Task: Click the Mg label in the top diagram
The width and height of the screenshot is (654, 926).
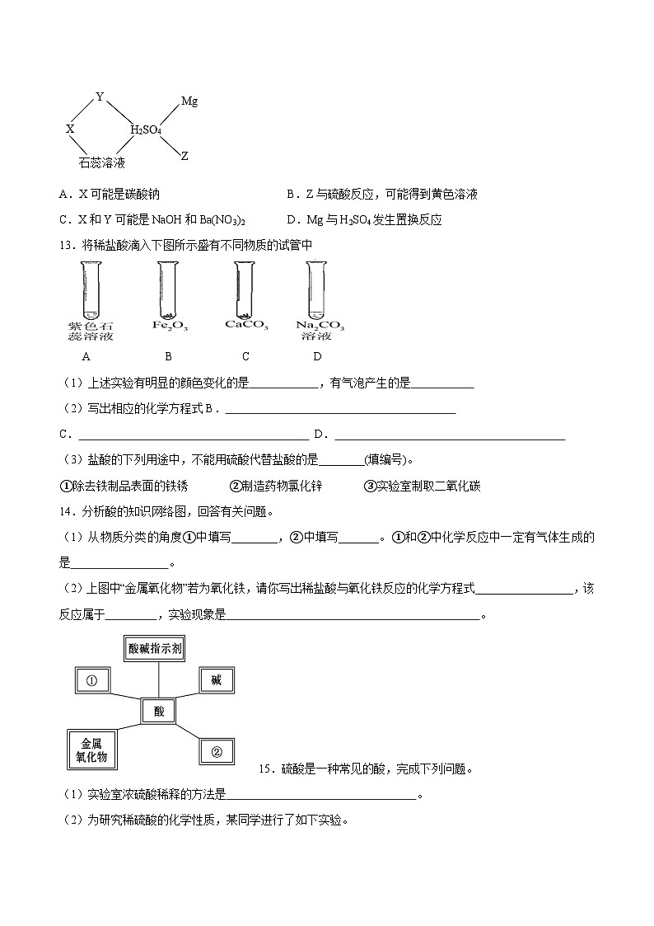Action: pyautogui.click(x=189, y=101)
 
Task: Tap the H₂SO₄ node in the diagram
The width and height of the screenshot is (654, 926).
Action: pyautogui.click(x=146, y=130)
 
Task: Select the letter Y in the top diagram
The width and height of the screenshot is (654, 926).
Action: pyautogui.click(x=100, y=97)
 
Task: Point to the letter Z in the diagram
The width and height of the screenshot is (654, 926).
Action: pyautogui.click(x=185, y=156)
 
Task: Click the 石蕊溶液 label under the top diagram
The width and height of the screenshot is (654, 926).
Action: pyautogui.click(x=102, y=163)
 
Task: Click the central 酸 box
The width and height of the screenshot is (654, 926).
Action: pyautogui.click(x=159, y=711)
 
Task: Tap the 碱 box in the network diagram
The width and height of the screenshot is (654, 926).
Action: pyautogui.click(x=217, y=680)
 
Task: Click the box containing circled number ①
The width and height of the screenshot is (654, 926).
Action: pyautogui.click(x=91, y=681)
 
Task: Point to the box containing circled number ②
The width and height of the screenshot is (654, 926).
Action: pyautogui.click(x=217, y=751)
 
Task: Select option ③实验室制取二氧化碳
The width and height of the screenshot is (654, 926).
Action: pyautogui.click(x=422, y=486)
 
